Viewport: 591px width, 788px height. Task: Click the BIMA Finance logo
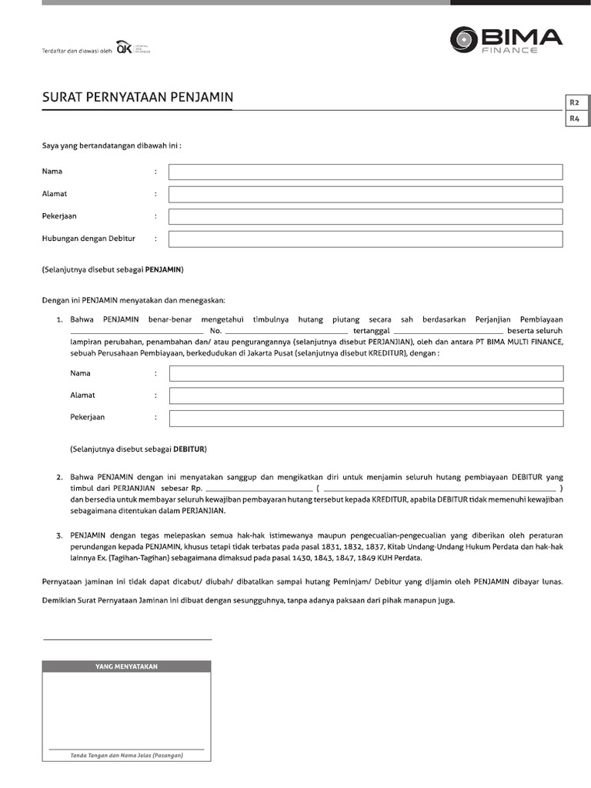click(506, 39)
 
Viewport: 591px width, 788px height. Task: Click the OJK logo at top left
click(123, 48)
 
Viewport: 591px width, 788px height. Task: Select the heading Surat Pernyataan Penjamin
click(137, 98)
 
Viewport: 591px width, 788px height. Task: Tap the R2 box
click(574, 102)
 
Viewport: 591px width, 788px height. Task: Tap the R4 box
click(574, 119)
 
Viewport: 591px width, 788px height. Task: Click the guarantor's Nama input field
click(366, 172)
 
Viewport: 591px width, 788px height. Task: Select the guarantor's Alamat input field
click(366, 194)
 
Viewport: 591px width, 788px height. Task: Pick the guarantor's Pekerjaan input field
click(366, 216)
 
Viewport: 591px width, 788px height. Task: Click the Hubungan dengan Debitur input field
click(366, 239)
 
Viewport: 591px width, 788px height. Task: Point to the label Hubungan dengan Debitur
click(88, 239)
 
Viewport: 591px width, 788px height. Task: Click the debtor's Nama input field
click(366, 373)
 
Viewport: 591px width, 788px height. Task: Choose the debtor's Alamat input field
click(366, 396)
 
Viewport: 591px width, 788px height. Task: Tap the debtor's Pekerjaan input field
click(366, 418)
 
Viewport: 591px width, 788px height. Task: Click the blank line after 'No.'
click(286, 332)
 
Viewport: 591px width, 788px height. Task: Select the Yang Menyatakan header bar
click(127, 666)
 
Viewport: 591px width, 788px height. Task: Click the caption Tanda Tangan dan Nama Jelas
click(127, 756)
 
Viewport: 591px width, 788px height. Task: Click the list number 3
click(59, 533)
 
